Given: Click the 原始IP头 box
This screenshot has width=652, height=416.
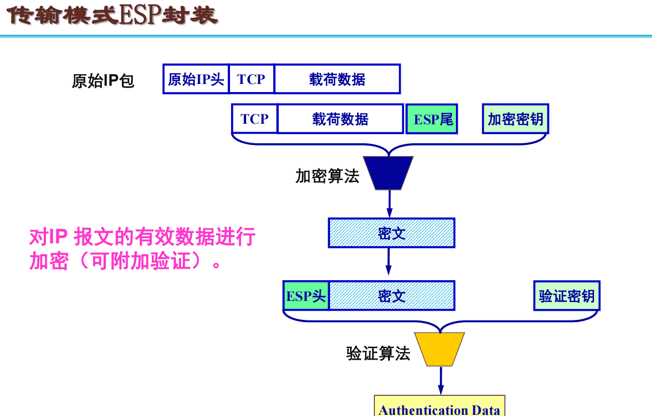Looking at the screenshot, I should pos(196,79).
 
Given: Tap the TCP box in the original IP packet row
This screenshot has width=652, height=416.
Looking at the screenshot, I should pos(251,79).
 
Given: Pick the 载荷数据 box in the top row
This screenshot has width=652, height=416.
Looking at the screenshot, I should pos(337,79).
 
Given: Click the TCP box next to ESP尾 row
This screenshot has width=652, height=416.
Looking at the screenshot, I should pos(255,119).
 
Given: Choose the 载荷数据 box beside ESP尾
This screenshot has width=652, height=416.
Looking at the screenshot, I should pos(340,119).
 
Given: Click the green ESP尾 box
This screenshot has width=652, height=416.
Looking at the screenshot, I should pos(432,119).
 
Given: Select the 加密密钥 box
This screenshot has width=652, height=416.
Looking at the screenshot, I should pos(515,119).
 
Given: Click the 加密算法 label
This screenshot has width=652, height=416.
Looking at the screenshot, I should pos(327,176).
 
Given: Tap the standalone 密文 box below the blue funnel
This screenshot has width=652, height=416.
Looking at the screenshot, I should pos(392,233).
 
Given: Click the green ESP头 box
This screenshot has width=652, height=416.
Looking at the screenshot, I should pos(306,296).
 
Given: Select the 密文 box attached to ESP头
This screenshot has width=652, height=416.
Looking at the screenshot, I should pos(392,296).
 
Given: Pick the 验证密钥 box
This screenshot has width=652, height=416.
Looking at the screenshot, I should pos(566,296).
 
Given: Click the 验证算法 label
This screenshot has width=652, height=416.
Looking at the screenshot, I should pos(378,353).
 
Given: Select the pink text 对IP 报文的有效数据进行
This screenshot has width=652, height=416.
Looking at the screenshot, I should pos(142,236).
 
